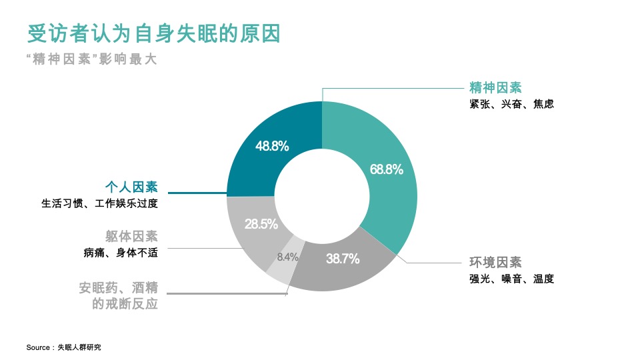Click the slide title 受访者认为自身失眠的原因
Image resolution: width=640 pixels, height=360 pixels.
[x=154, y=33]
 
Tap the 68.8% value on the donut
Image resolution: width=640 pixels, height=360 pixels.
[x=387, y=169]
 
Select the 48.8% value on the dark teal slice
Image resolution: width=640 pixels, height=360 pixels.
[x=272, y=146]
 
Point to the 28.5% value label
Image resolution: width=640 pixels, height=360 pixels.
[x=261, y=224]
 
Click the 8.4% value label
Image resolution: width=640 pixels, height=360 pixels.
[x=287, y=257]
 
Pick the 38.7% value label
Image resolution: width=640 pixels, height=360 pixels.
[x=343, y=259]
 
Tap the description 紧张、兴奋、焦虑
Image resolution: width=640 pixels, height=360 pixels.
[x=511, y=104]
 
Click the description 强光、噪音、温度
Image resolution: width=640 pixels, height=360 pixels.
[x=511, y=279]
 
